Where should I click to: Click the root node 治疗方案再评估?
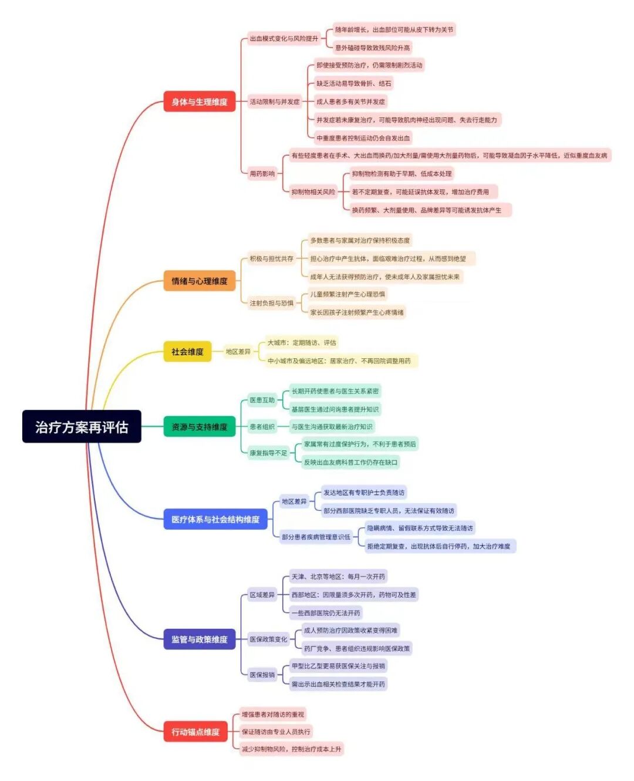(82, 426)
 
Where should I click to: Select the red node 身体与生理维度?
(199, 102)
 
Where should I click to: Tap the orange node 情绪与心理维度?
(199, 281)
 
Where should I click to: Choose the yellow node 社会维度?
(187, 352)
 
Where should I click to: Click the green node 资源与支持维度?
(199, 427)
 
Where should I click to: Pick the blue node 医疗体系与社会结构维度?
(215, 519)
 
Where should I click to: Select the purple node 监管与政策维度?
(199, 639)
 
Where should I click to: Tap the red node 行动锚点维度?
(195, 732)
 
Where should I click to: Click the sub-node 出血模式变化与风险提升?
(284, 39)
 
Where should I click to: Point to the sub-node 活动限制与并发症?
(274, 102)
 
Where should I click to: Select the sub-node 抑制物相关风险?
(313, 191)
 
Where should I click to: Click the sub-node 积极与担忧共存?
(271, 258)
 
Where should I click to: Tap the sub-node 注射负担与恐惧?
(271, 303)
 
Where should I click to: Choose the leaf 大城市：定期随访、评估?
(302, 342)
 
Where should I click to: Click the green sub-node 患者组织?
(262, 427)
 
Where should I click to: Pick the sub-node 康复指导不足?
(268, 453)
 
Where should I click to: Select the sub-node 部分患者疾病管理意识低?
(316, 537)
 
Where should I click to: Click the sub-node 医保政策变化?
(268, 639)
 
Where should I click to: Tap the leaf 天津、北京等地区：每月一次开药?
(338, 577)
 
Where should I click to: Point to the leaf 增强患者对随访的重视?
(273, 715)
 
